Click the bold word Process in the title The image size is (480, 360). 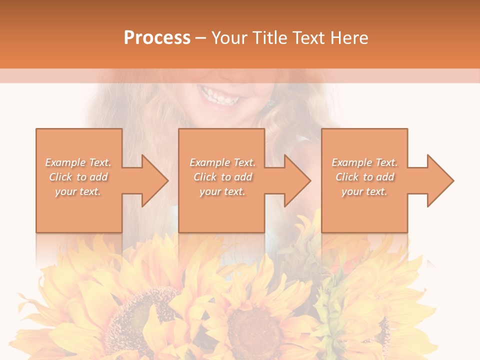click(x=157, y=38)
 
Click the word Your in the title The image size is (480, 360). click(x=228, y=38)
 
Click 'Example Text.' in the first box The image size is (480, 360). click(x=78, y=162)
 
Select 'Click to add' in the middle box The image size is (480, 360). click(x=222, y=177)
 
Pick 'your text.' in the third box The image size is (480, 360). click(x=364, y=191)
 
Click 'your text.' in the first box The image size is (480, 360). click(x=78, y=191)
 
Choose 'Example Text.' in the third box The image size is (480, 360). click(x=364, y=162)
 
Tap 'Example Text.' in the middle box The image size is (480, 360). click(x=222, y=162)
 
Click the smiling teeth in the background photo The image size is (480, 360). click(x=218, y=95)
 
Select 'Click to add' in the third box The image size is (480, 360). click(x=364, y=177)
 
